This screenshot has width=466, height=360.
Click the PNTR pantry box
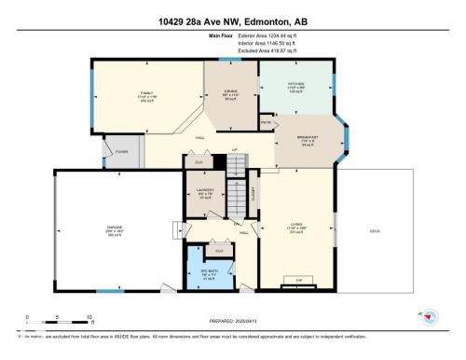266,122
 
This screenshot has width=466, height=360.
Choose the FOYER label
121,151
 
